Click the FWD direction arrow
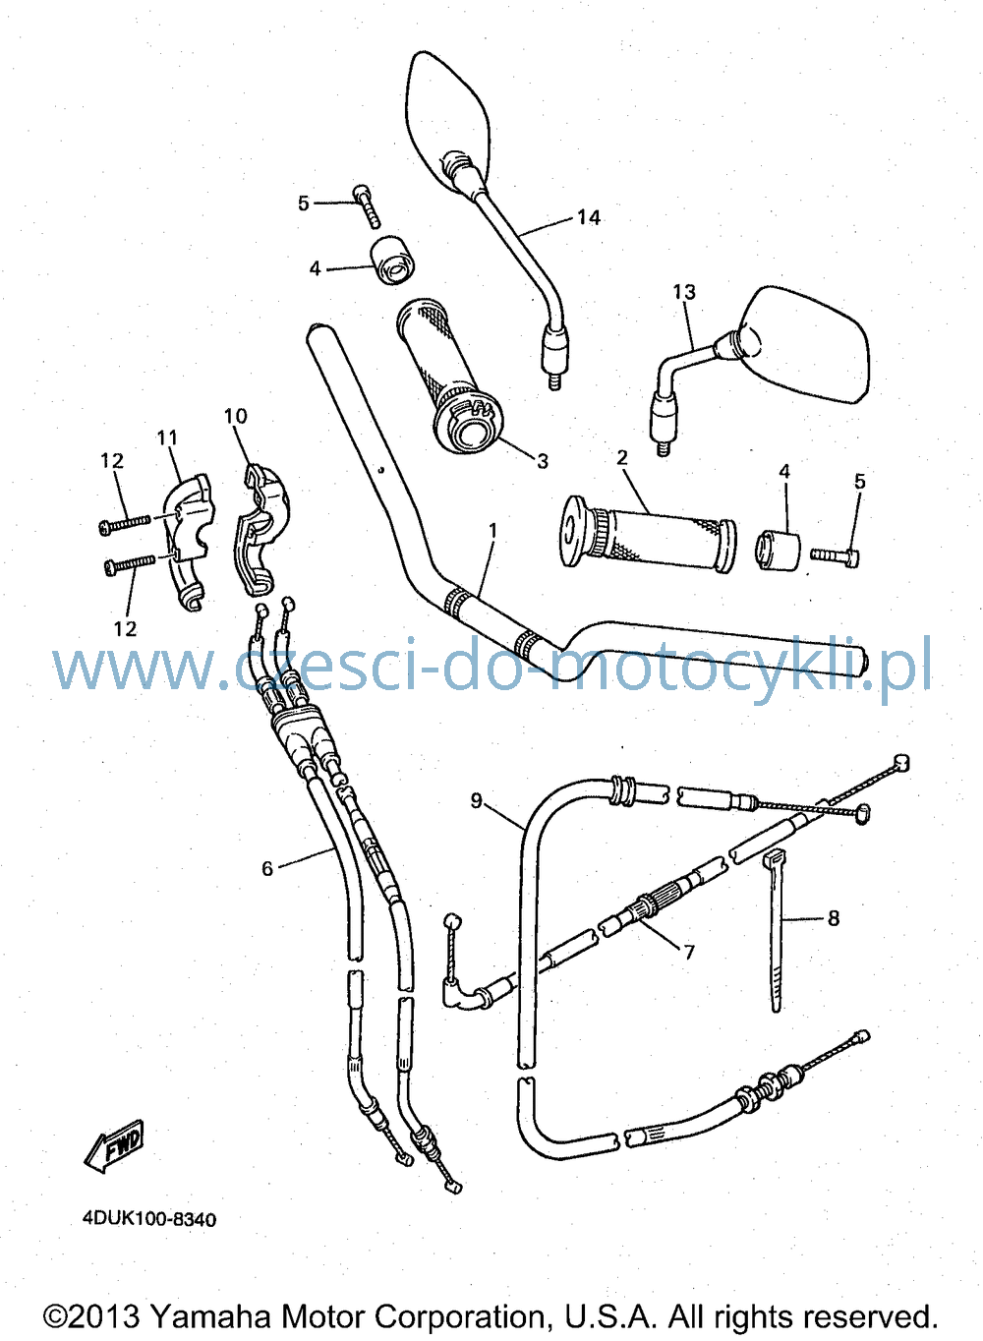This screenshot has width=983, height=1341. pyautogui.click(x=115, y=1146)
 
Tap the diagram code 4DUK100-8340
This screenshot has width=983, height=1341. pyautogui.click(x=149, y=1219)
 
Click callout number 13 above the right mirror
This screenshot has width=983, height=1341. pyautogui.click(x=684, y=292)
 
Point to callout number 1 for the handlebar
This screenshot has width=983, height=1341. pyautogui.click(x=492, y=531)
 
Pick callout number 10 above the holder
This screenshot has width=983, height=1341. pyautogui.click(x=235, y=416)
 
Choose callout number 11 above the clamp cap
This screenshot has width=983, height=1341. pyautogui.click(x=167, y=437)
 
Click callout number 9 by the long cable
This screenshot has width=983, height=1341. pyautogui.click(x=476, y=800)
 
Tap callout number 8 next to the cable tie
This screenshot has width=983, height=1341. pyautogui.click(x=834, y=917)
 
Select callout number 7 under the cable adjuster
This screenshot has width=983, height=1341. pyautogui.click(x=689, y=952)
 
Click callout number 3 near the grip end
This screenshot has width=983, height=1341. pyautogui.click(x=542, y=461)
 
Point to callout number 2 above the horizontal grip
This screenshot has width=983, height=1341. pyautogui.click(x=622, y=457)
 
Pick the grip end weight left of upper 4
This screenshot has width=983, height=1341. pyautogui.click(x=393, y=261)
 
